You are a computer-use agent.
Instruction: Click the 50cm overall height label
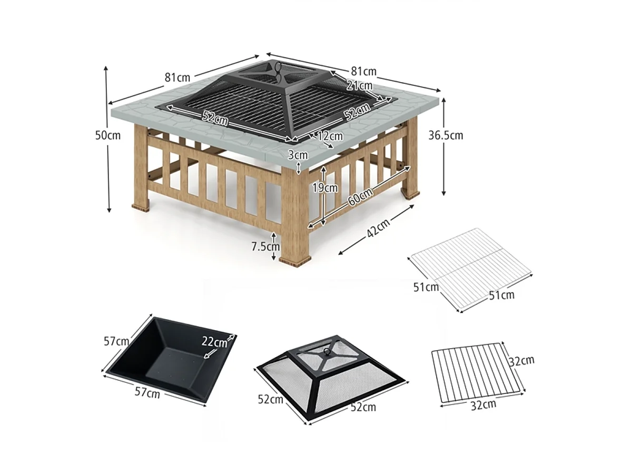click(x=107, y=135)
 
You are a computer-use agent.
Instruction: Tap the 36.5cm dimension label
click(x=446, y=135)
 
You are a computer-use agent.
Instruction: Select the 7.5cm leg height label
click(x=265, y=246)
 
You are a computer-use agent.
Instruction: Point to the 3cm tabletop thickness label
click(x=298, y=155)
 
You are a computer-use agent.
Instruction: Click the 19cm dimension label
click(x=325, y=187)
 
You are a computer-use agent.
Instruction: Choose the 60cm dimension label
click(x=360, y=196)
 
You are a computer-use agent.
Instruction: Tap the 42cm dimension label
click(x=379, y=228)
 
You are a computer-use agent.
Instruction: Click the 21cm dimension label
click(x=359, y=85)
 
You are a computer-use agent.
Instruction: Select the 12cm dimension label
click(x=330, y=136)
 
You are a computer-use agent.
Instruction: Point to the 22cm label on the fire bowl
click(x=214, y=341)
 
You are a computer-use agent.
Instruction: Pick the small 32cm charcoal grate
click(x=477, y=373)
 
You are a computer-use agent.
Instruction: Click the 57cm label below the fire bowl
click(x=147, y=393)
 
